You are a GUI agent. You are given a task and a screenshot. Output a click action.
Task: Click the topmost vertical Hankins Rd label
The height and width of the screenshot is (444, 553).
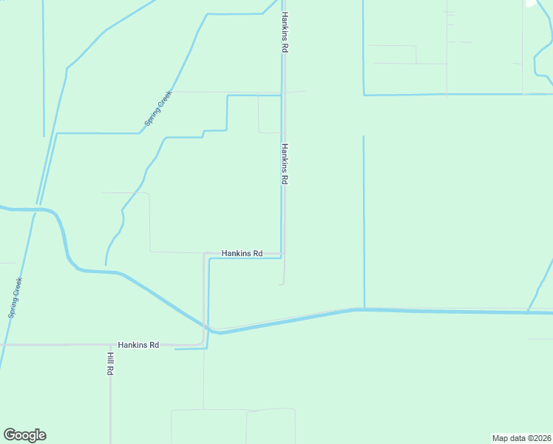coord(284,32)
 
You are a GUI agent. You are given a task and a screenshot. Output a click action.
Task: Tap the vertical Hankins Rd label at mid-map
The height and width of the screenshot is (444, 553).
coord(284,164)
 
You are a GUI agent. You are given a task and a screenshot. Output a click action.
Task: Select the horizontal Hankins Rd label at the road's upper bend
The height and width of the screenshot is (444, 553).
coord(242,253)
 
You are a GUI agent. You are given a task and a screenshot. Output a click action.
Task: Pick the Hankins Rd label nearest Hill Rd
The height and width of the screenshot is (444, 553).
coord(138,345)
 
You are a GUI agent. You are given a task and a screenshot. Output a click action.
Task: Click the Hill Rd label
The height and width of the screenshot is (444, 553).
coord(109,363)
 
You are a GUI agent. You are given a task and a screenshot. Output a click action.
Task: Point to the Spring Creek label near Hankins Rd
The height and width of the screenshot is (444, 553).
coord(157,108)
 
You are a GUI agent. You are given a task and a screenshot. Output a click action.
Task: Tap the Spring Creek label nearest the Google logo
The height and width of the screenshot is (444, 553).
coord(16,297)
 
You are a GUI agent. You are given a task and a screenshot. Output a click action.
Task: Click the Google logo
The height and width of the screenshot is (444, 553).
coord(24,435)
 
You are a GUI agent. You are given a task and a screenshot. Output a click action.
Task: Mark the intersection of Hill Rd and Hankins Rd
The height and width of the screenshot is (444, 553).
coord(110,345)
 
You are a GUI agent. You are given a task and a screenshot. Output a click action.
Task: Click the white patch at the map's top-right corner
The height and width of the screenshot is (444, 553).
coord(531,3)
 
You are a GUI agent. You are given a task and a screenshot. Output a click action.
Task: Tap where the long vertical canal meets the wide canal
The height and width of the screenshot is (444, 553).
coord(364,309)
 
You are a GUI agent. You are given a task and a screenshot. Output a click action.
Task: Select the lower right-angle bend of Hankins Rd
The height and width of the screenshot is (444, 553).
coord(204,343)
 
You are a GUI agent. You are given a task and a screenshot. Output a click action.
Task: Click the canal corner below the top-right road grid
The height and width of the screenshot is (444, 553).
coord(364,95)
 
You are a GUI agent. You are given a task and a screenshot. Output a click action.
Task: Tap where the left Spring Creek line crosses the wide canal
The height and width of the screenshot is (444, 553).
coord(35,209)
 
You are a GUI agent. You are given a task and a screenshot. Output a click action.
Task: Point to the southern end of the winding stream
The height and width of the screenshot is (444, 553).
coord(106,264)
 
